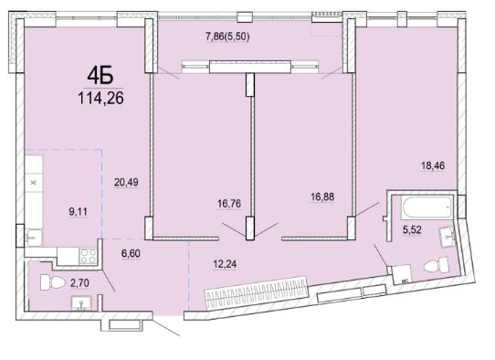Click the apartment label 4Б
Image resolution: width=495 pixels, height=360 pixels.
100,76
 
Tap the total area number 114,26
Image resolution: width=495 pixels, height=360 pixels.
101,98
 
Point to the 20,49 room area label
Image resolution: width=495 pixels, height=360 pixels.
126,182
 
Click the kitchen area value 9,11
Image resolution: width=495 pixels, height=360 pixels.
78,212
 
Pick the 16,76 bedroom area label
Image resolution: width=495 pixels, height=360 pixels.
229,204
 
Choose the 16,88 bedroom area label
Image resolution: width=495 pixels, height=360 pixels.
322,197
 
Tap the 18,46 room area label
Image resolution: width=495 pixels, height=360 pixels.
433,165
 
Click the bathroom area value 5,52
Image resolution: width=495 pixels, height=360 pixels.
412,230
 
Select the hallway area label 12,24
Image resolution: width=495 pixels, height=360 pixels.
225,264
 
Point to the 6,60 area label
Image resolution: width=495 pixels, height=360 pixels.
131,253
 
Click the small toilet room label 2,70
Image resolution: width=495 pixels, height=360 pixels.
79,283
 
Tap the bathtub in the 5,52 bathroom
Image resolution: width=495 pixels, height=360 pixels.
427,207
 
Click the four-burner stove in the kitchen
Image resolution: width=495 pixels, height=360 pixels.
89,256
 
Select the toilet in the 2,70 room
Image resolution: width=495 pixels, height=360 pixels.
53,282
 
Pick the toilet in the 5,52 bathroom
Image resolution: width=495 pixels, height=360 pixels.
437,265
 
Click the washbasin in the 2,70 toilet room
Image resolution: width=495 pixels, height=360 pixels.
81,302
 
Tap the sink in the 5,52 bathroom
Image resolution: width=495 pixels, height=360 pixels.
448,236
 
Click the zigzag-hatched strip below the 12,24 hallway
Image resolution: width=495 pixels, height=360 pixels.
257,290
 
